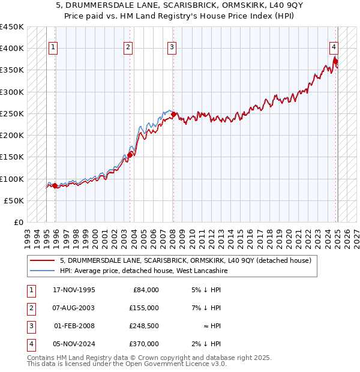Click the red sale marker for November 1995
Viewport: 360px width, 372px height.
(55, 186)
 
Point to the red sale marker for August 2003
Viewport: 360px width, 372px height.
(130, 155)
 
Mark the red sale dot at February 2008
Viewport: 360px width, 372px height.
(173, 114)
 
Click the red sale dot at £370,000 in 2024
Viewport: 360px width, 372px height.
(335, 61)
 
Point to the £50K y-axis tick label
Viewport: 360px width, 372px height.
(14, 200)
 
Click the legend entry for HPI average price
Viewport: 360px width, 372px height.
(143, 271)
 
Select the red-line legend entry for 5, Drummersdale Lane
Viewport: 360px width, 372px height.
(185, 261)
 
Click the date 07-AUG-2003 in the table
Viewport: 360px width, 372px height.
(73, 308)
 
